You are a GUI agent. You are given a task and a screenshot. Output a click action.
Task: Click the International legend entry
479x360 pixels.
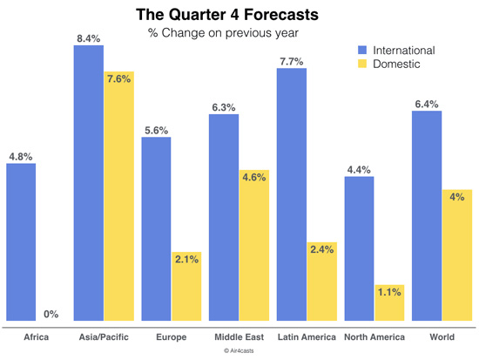[402, 49]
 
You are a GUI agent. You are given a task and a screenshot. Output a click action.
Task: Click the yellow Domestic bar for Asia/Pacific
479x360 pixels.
[118, 196]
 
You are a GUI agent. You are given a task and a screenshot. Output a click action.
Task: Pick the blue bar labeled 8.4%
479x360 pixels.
[88, 183]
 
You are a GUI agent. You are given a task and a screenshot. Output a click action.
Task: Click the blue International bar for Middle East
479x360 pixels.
[224, 218]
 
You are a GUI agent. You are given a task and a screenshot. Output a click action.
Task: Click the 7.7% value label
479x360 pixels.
[292, 60]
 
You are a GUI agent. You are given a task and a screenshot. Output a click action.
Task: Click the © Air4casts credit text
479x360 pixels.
[239, 350]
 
